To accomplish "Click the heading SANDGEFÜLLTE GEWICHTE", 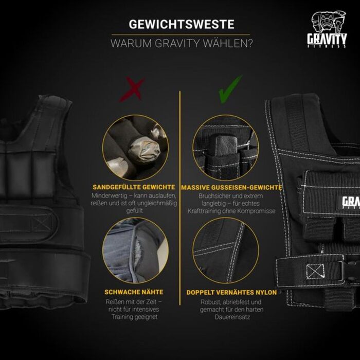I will [134, 187].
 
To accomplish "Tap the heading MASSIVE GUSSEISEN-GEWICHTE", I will [230, 187].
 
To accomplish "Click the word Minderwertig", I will [112, 196].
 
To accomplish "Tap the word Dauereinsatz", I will [231, 317].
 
